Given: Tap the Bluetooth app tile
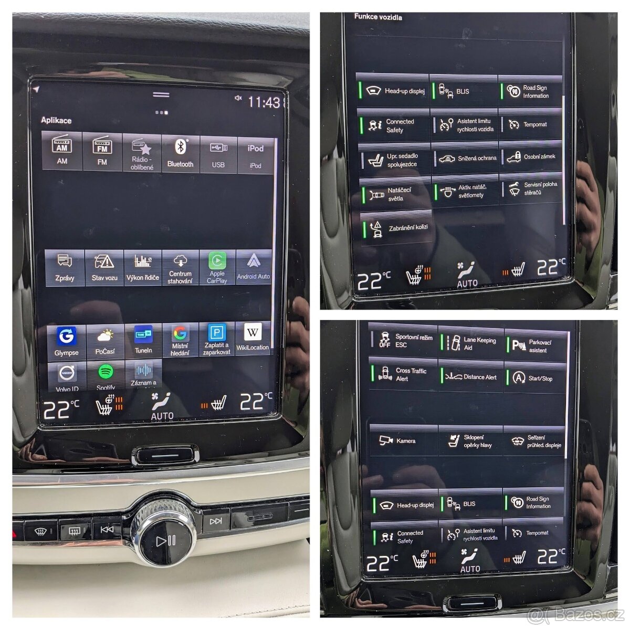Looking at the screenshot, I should click(x=181, y=153).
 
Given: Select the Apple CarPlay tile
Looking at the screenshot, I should click(x=217, y=267).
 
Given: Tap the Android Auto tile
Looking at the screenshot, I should click(x=254, y=267).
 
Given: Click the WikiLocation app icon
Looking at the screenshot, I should click(x=253, y=338).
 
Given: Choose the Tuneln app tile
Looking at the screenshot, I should click(x=143, y=340).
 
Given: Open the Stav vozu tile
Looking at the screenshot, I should click(x=104, y=267).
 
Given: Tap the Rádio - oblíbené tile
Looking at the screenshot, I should click(x=142, y=154).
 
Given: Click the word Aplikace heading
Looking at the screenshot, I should click(x=56, y=120).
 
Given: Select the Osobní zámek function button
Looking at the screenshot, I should click(x=531, y=156).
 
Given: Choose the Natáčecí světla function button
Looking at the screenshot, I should click(x=394, y=194).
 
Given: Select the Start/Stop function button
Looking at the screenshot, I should click(x=535, y=378).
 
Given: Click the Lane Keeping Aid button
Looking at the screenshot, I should click(x=471, y=344).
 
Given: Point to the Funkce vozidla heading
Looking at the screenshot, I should click(x=378, y=17).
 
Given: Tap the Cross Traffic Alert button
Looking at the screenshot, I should click(x=403, y=374).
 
